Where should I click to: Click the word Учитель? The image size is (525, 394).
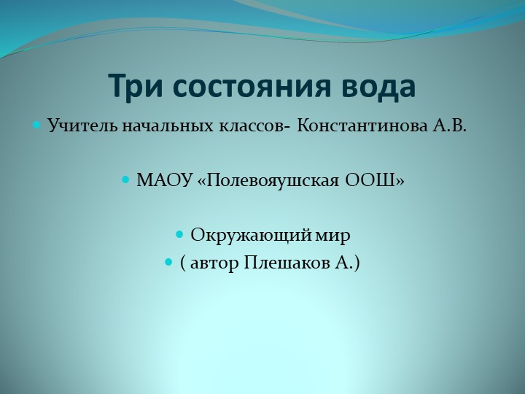pos(77,126)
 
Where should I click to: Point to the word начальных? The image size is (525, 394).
pos(161,126)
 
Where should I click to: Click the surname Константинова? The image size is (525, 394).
pos(362,126)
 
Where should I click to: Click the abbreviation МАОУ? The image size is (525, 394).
pos(165,180)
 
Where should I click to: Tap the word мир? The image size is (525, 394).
pos(335,235)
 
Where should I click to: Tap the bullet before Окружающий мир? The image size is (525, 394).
pos(179,235)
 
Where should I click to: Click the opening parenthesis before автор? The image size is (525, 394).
pos(182,262)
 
